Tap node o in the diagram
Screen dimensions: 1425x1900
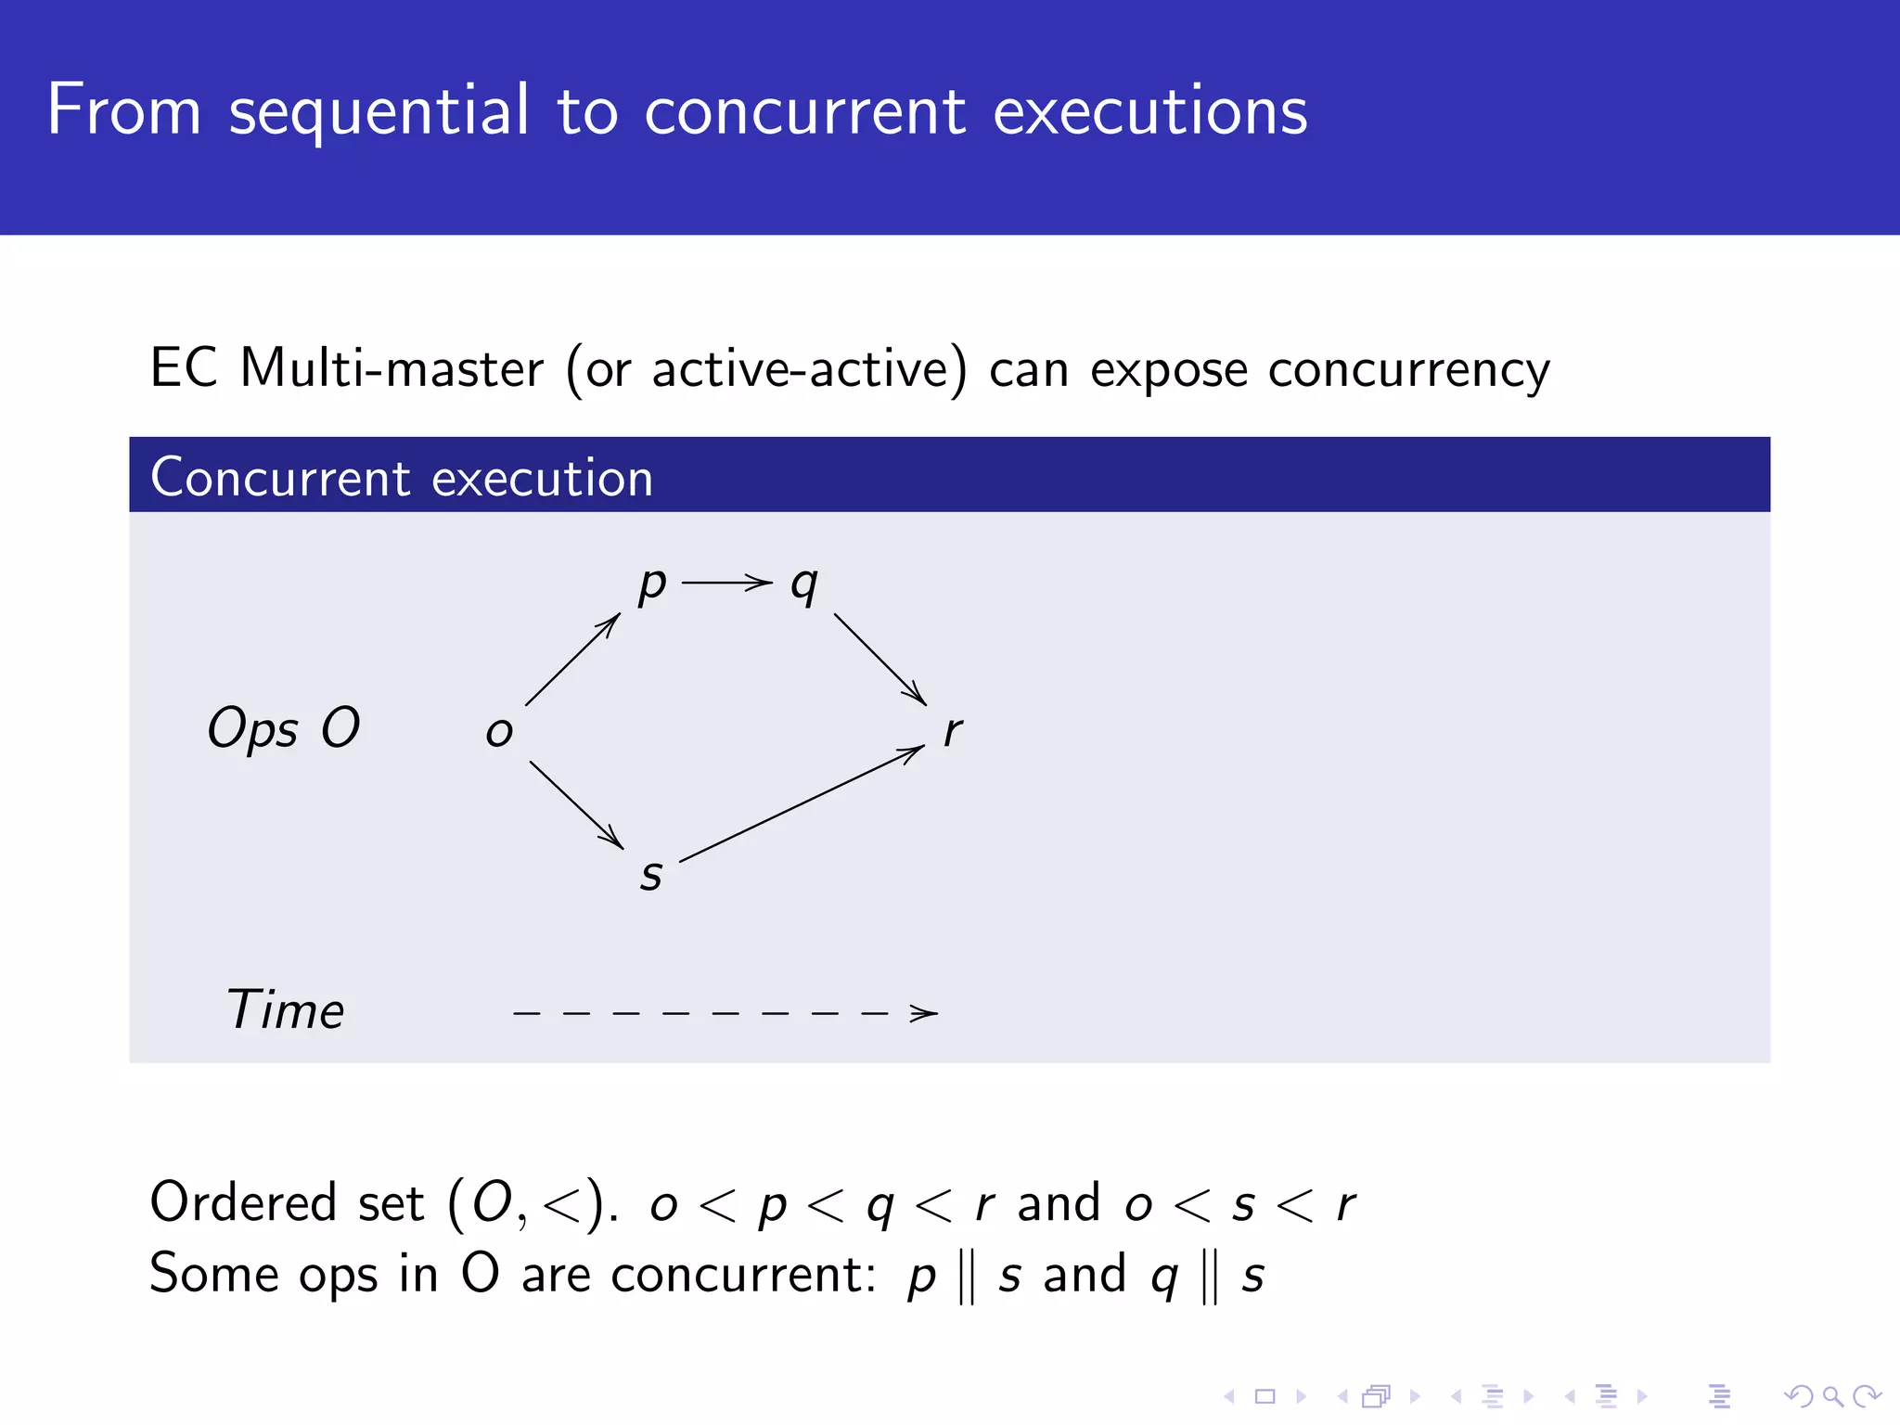tap(499, 732)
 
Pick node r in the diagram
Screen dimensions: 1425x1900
tap(953, 732)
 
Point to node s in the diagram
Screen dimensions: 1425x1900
tap(651, 875)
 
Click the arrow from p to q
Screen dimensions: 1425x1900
tap(727, 583)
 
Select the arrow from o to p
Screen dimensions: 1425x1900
tap(572, 659)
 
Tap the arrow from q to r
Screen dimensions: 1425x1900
tap(879, 659)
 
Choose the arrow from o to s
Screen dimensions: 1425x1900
tap(576, 804)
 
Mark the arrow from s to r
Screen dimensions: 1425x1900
tap(802, 803)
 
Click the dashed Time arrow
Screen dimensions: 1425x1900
tap(725, 1013)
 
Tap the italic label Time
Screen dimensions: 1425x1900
tap(286, 1009)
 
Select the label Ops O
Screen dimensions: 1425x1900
tap(284, 728)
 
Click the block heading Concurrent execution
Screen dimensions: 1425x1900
tap(402, 478)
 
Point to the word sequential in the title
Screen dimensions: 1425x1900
tap(379, 110)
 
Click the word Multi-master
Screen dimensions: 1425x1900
tap(392, 368)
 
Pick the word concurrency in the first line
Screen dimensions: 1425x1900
tap(1408, 370)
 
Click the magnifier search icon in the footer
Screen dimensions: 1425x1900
tap(1832, 1395)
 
